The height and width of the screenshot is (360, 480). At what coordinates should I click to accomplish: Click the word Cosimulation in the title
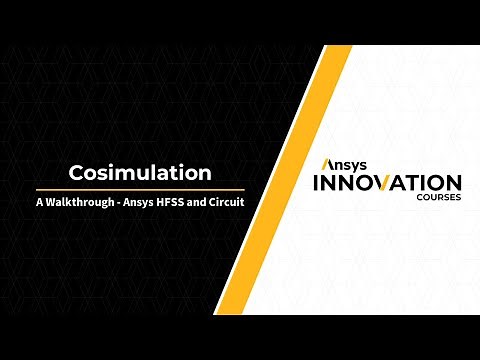point(140,173)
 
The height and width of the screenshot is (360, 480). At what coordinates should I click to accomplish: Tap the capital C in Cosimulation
point(76,173)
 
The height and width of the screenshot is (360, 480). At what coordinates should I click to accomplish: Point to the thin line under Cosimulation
point(140,189)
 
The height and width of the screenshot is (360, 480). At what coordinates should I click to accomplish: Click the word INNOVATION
point(387,183)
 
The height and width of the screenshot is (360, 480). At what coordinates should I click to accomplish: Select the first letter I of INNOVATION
point(317,183)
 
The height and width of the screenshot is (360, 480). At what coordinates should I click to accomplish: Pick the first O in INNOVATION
point(369,183)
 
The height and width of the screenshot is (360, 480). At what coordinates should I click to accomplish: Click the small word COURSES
point(440,198)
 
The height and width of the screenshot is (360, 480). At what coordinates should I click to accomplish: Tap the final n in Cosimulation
point(203,173)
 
